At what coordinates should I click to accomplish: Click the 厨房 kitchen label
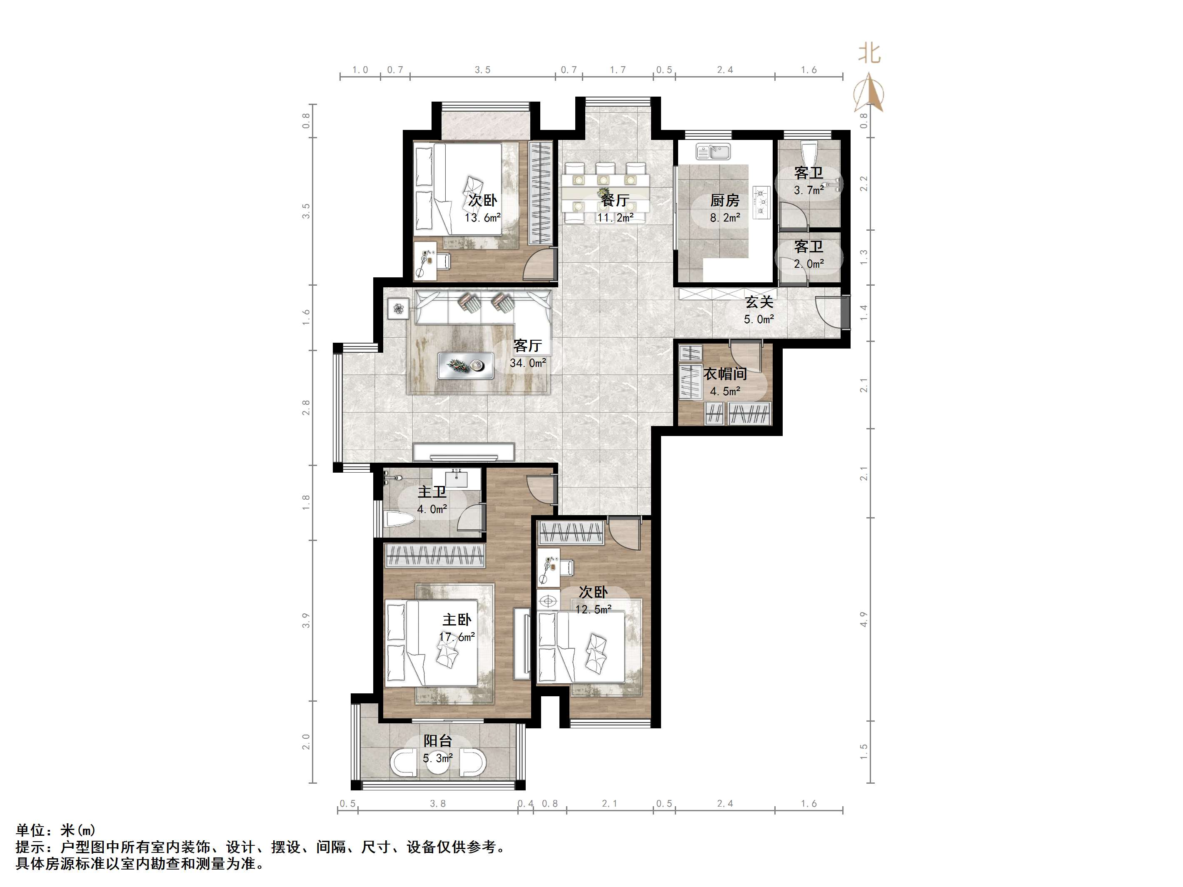coord(725,200)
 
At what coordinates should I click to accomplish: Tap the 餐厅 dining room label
coord(614,200)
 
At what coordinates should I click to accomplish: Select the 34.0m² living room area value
coord(528,363)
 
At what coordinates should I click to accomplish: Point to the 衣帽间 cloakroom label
coord(725,374)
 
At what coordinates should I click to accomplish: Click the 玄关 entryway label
coord(759,302)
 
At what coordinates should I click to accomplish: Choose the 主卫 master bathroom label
coord(432,492)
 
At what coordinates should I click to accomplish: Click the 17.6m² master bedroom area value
coord(457,637)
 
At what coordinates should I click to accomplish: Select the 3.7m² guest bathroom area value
coord(808,190)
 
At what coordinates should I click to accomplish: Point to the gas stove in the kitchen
coord(761,202)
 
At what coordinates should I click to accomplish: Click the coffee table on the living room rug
coord(465,366)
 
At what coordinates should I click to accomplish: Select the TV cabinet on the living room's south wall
coord(463,452)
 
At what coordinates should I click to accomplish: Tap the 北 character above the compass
coord(869,53)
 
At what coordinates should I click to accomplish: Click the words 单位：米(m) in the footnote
coord(56,830)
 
